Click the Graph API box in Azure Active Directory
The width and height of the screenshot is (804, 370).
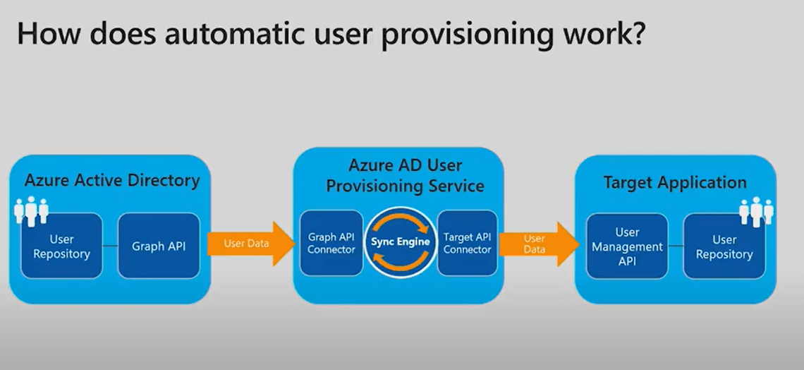(159, 246)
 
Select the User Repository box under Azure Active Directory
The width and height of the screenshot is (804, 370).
(61, 246)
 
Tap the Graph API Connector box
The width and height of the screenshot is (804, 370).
(331, 242)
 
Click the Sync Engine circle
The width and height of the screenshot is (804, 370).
(400, 241)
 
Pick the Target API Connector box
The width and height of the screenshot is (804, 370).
(468, 242)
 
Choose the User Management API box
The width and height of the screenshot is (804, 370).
(627, 246)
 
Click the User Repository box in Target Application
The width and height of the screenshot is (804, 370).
(724, 246)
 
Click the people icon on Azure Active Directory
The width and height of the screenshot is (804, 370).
(32, 210)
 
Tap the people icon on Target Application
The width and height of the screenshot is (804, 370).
(755, 210)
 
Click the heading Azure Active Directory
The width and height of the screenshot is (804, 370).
(112, 181)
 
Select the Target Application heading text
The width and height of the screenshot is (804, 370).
(674, 183)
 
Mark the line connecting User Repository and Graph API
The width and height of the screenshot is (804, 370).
(110, 246)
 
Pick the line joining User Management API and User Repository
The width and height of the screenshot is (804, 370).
(676, 246)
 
